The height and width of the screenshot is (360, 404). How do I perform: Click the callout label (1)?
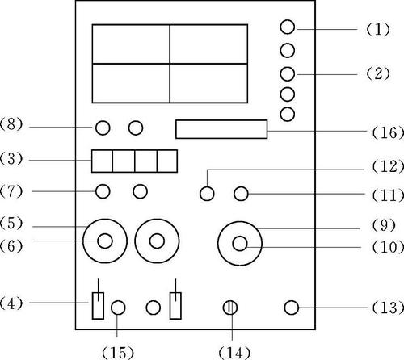(378, 29)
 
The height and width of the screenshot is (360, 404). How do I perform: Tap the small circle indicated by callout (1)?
(288, 27)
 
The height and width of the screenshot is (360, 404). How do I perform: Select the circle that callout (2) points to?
(288, 74)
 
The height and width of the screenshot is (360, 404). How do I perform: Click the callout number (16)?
(388, 132)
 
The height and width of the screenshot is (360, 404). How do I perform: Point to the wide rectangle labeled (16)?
(221, 129)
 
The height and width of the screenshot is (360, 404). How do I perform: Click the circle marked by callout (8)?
(103, 128)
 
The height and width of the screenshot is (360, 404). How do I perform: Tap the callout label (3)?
(11, 159)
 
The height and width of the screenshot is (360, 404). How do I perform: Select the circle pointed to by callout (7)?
(103, 191)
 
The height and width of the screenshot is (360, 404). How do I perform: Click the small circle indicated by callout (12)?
(207, 194)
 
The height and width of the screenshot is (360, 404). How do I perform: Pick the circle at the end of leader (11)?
(241, 194)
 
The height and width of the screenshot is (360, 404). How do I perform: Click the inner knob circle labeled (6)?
(105, 241)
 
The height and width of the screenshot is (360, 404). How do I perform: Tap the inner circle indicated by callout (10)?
(240, 244)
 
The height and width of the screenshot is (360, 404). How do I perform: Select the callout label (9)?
(384, 225)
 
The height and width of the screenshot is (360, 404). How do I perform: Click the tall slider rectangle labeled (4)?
(98, 306)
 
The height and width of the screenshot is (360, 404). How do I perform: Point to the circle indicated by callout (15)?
(118, 308)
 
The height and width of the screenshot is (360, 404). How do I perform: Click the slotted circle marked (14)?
(230, 308)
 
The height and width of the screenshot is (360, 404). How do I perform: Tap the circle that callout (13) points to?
(292, 308)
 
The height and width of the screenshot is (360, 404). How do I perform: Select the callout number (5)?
(11, 223)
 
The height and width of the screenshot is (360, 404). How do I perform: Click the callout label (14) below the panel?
(234, 353)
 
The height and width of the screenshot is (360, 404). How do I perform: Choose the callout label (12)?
(388, 166)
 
